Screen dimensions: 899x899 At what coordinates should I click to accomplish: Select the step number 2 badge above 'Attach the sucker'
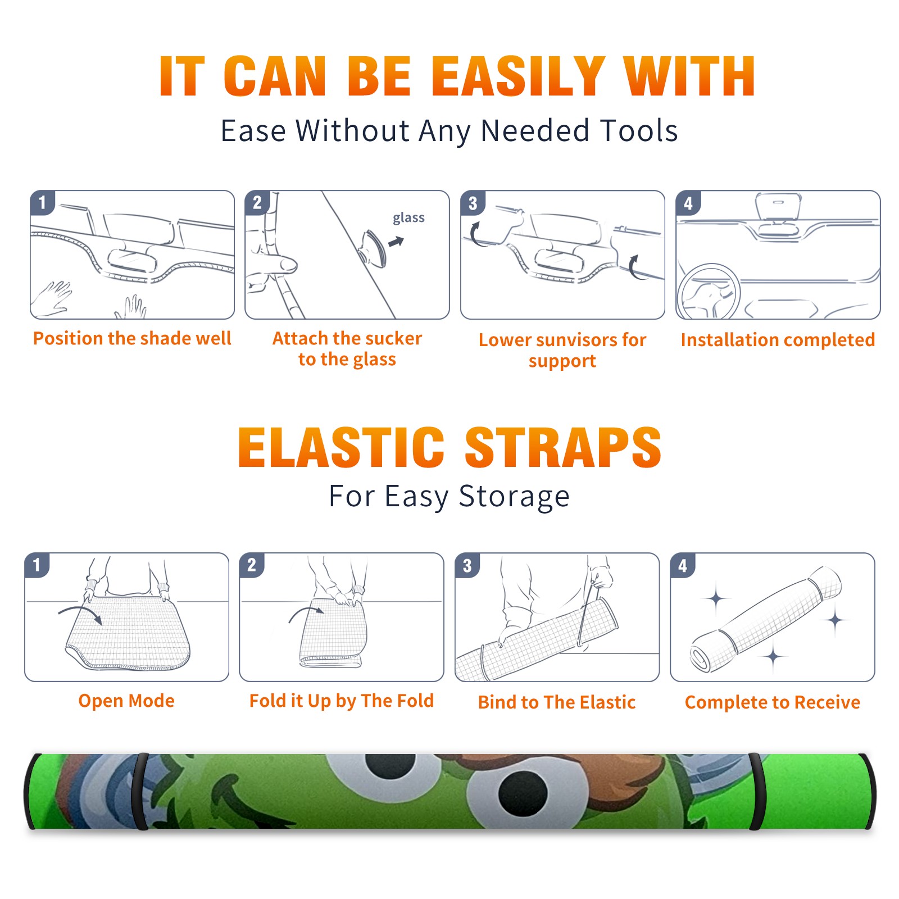pos(257,202)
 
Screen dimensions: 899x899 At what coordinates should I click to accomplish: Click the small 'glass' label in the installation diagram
pos(408,217)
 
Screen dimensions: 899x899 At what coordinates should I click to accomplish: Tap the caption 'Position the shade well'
pos(132,338)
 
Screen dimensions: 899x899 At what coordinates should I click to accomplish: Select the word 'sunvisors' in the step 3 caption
pos(575,340)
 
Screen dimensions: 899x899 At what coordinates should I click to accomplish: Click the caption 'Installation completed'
pos(778,340)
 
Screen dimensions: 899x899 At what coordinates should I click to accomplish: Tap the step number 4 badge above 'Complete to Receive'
pos(683,565)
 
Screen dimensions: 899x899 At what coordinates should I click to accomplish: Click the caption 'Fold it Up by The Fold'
pos(342,701)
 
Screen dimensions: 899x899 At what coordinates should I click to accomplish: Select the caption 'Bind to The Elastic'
pos(557,702)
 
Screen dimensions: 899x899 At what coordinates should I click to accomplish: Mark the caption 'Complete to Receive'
pos(773,702)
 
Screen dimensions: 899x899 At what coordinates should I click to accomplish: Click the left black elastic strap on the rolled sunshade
pos(140,791)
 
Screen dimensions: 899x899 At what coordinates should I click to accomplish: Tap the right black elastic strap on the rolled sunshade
pos(756,791)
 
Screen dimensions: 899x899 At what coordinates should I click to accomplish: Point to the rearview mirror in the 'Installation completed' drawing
pos(778,206)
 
